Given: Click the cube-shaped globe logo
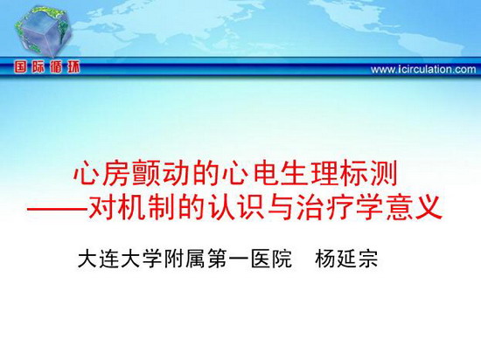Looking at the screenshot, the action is pyautogui.click(x=44, y=31).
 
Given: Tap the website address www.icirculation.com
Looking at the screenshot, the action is pyautogui.click(x=423, y=69).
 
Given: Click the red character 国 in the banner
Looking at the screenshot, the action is pyautogui.click(x=20, y=67).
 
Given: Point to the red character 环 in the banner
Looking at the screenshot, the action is pyautogui.click(x=74, y=67).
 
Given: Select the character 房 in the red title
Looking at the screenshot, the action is pyautogui.click(x=115, y=173).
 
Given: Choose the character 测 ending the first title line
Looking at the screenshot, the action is pyautogui.click(x=384, y=173).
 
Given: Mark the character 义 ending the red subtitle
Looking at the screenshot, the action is pyautogui.click(x=429, y=208).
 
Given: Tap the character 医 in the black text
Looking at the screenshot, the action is pyautogui.click(x=260, y=259).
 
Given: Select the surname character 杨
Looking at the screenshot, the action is pyautogui.click(x=324, y=259).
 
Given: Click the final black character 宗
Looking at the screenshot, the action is pyautogui.click(x=368, y=259).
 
